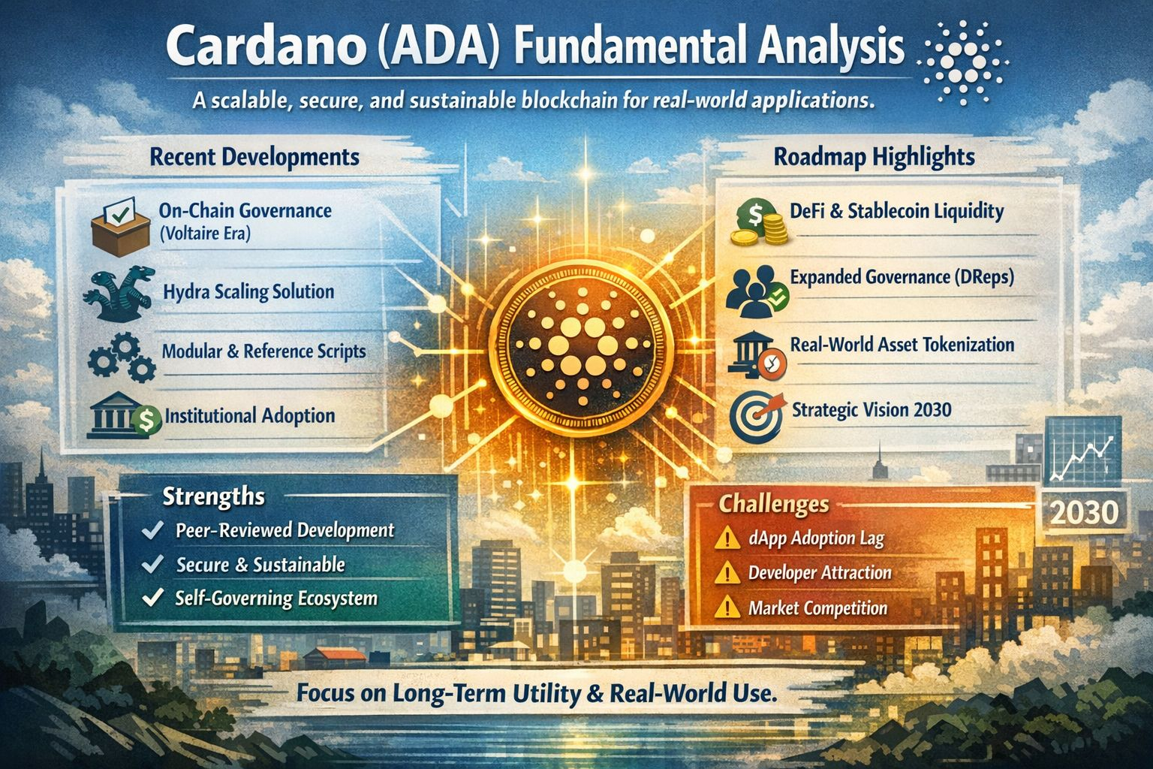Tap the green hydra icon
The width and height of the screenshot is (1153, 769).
(119, 294)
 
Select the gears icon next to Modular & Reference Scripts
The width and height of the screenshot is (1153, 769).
(122, 357)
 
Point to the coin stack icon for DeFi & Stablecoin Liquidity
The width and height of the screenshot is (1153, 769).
(759, 222)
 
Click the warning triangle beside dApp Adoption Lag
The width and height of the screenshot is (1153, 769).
(727, 537)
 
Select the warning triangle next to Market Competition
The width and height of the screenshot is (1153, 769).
(727, 606)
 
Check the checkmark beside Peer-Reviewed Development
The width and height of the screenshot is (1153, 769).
(153, 529)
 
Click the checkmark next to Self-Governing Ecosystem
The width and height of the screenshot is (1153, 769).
(153, 598)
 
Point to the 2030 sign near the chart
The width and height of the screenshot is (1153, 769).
(1083, 512)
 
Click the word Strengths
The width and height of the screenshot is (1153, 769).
(214, 496)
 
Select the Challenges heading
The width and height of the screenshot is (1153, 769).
(774, 504)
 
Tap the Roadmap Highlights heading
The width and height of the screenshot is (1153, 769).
(874, 157)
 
